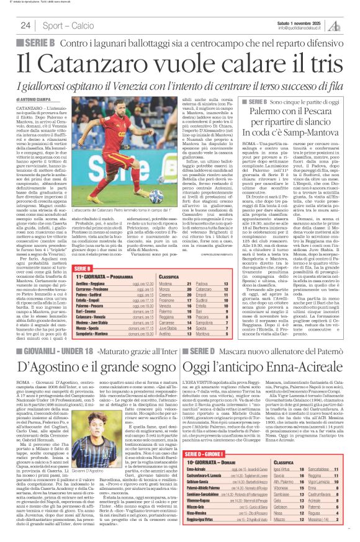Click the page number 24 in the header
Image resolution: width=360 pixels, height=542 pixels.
(25, 25)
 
